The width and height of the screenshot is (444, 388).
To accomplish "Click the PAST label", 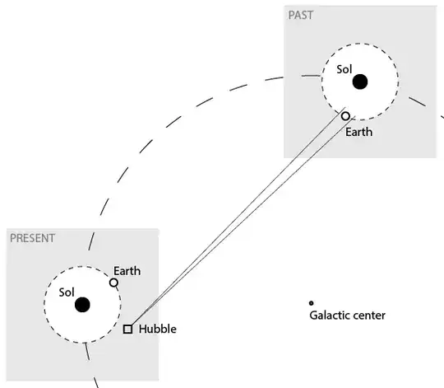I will pyautogui.click(x=301, y=16).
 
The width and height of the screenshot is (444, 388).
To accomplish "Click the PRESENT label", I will pyautogui.click(x=33, y=239).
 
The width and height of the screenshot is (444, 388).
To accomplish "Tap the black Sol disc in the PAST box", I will pyautogui.click(x=359, y=82).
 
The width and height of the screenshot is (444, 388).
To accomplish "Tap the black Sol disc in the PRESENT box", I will pyautogui.click(x=82, y=305).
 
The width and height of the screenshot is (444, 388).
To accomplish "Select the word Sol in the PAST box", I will pyautogui.click(x=345, y=69).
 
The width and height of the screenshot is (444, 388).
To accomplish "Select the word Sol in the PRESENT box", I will pyautogui.click(x=67, y=292).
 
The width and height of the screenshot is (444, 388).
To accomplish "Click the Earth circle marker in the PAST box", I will pyautogui.click(x=346, y=116).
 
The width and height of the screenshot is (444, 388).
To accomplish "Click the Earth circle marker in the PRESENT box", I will pyautogui.click(x=114, y=283).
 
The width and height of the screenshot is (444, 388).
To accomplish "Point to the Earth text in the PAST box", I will pyautogui.click(x=358, y=132).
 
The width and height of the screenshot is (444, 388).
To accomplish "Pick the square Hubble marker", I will pyautogui.click(x=127, y=329).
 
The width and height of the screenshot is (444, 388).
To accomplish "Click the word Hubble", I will pyautogui.click(x=157, y=329).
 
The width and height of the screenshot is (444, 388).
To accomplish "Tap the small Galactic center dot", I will pyautogui.click(x=311, y=303).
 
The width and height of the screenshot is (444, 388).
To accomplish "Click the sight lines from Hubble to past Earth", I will pyautogui.click(x=238, y=220).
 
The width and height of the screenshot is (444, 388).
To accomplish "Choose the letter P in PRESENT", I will pyautogui.click(x=12, y=239).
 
